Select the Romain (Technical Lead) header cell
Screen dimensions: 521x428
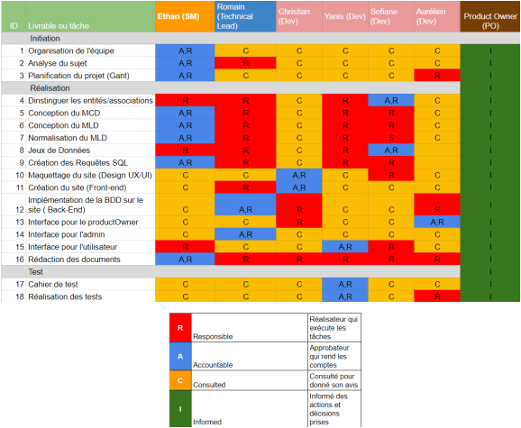[245, 16]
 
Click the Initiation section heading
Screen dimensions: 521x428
[45, 39]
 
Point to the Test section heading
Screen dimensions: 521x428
[35, 272]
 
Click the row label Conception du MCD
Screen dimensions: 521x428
[64, 114]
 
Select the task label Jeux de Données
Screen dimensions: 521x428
[59, 150]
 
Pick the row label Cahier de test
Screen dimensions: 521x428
[53, 285]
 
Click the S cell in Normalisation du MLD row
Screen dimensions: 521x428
[391, 138]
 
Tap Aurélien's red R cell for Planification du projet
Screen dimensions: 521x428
[437, 76]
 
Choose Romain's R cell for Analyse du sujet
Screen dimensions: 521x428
[245, 63]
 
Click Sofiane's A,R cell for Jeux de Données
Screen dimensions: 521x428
[391, 150]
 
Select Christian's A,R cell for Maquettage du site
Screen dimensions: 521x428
[299, 176]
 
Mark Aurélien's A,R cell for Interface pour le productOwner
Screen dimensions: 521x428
[437, 223]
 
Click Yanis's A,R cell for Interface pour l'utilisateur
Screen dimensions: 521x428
[345, 247]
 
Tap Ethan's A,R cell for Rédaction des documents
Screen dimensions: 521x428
[185, 260]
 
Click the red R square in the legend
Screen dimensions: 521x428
[180, 328]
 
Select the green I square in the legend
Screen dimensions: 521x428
[180, 409]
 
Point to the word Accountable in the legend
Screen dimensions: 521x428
[213, 365]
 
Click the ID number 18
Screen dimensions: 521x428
[20, 296]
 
